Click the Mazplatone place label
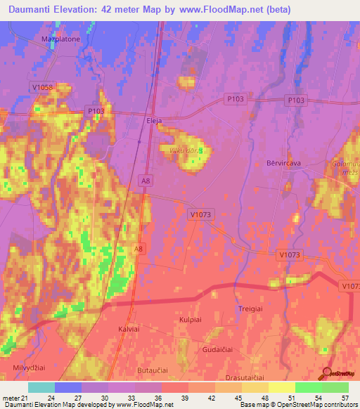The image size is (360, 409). click(x=61, y=39)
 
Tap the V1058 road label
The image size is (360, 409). click(x=42, y=87)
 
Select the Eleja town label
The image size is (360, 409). click(x=154, y=120)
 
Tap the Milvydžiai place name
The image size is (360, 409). click(x=29, y=368)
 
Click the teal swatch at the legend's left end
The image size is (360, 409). click(x=41, y=387)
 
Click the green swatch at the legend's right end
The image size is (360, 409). click(x=335, y=387)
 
